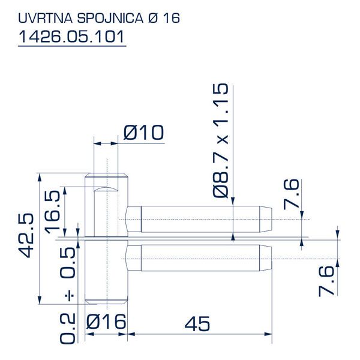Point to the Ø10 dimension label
143,133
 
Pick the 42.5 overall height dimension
25,234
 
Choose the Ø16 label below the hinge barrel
106,323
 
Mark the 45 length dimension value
197,324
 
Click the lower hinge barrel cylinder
106,270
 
